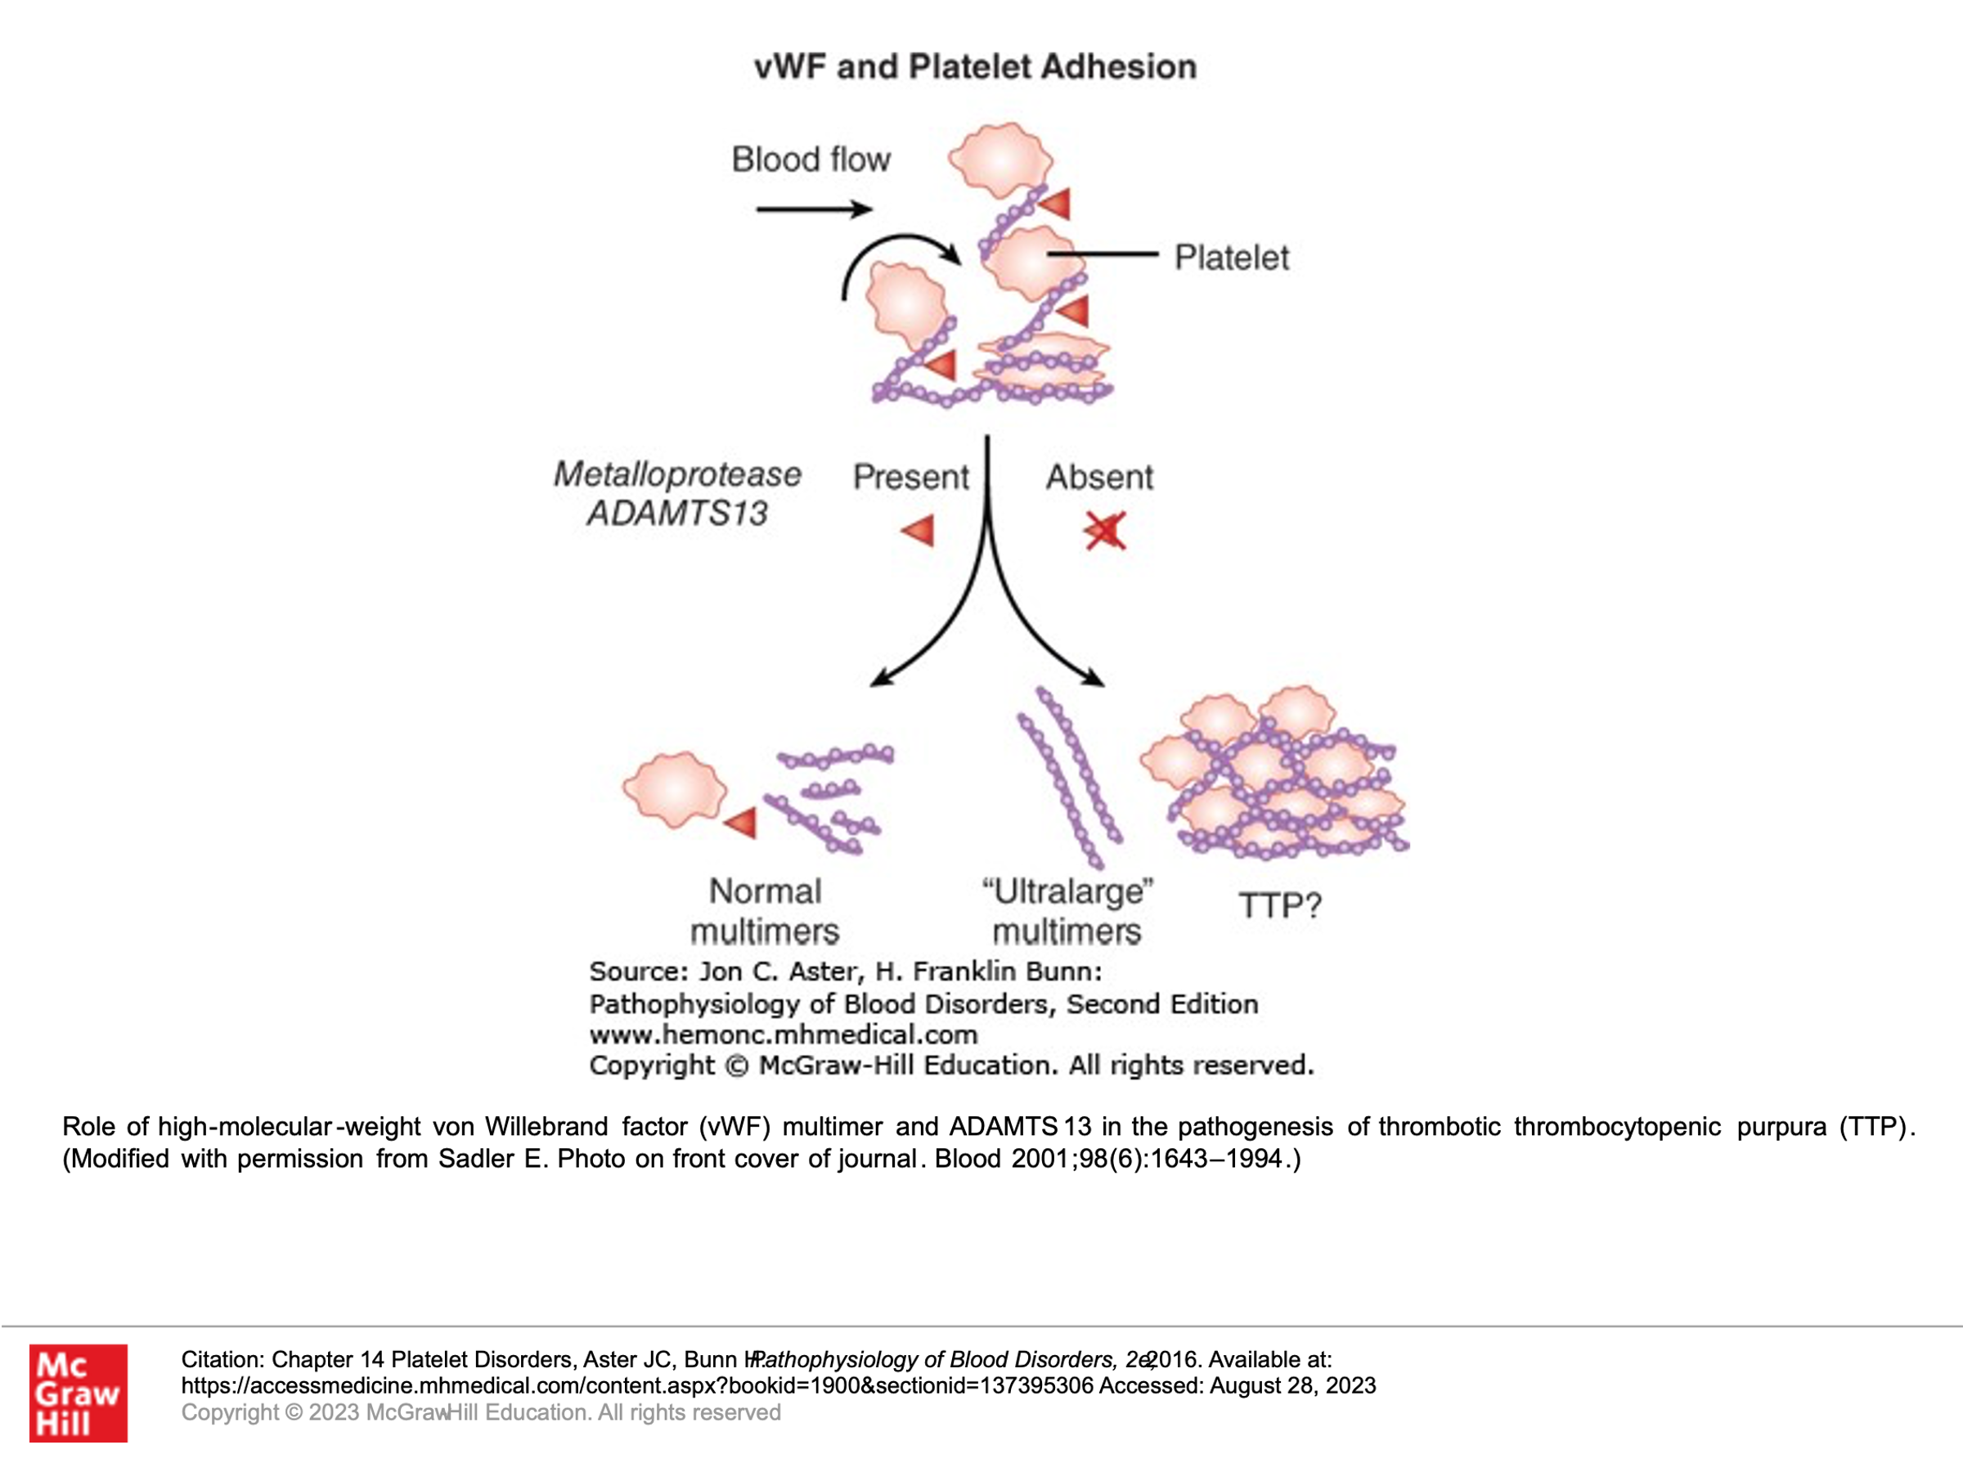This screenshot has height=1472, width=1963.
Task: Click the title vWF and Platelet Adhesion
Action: pyautogui.click(x=974, y=67)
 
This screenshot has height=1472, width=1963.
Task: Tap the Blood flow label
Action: pyautogui.click(x=811, y=159)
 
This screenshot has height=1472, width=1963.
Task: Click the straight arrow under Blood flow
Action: pyautogui.click(x=813, y=209)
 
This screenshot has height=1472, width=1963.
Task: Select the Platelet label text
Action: pyautogui.click(x=1231, y=258)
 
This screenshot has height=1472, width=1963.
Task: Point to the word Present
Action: pyautogui.click(x=910, y=478)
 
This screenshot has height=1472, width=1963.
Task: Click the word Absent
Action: pyautogui.click(x=1098, y=478)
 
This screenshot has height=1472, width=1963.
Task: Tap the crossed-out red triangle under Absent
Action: pyautogui.click(x=1104, y=531)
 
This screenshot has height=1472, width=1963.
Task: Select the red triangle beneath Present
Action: pyautogui.click(x=919, y=531)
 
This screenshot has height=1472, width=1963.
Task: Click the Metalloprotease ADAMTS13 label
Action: pyautogui.click(x=677, y=493)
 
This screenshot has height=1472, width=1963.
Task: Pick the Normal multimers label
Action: pyautogui.click(x=764, y=911)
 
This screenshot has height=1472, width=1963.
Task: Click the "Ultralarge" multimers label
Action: pyautogui.click(x=1067, y=911)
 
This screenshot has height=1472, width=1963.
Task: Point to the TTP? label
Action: pyautogui.click(x=1280, y=906)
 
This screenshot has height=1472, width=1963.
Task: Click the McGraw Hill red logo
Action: pyautogui.click(x=78, y=1393)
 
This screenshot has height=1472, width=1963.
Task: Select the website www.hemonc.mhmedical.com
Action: pyautogui.click(x=783, y=1034)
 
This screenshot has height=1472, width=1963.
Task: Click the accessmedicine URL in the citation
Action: pyautogui.click(x=636, y=1386)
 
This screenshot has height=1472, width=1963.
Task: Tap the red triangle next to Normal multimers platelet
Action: pyautogui.click(x=742, y=823)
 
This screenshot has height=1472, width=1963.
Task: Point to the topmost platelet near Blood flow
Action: pyautogui.click(x=1000, y=160)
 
